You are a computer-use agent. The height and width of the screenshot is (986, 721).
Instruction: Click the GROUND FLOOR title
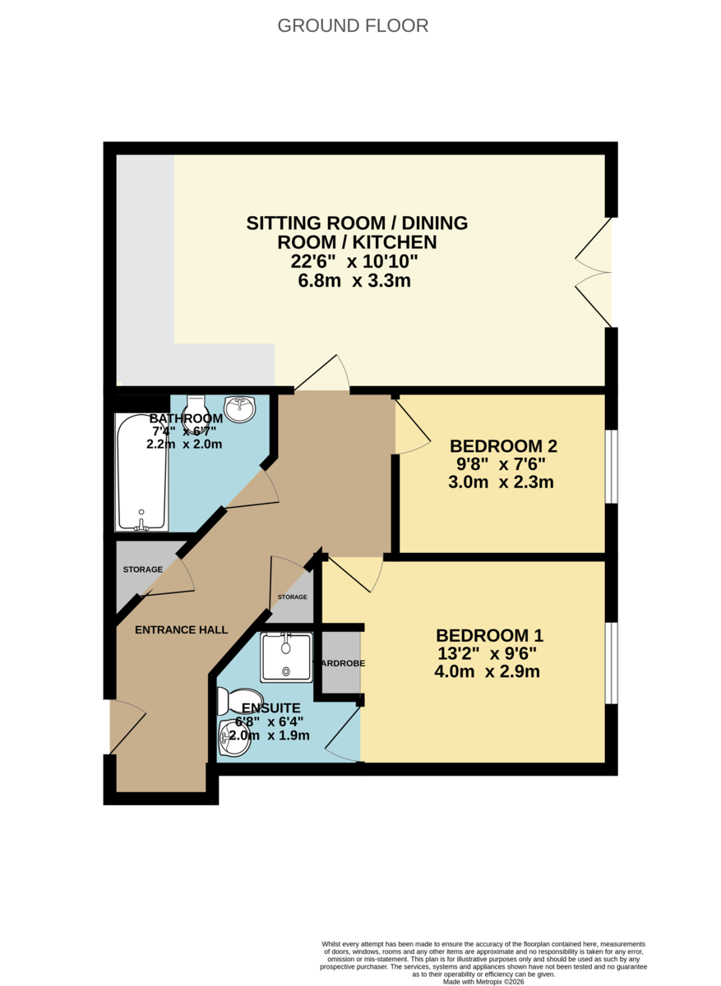[x=353, y=25]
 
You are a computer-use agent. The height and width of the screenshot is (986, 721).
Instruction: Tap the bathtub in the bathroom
[x=141, y=472]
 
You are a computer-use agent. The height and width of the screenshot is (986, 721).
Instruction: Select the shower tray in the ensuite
[x=286, y=657]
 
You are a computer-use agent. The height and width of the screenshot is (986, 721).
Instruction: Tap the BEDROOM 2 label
[x=503, y=446]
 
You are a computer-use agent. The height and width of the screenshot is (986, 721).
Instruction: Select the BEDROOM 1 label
[x=489, y=635]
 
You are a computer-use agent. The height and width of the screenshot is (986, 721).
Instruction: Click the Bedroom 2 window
[x=611, y=465]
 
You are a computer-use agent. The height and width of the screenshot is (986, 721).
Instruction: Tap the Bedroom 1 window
[x=611, y=663]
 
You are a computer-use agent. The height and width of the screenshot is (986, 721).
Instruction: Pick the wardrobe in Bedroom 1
[x=340, y=661]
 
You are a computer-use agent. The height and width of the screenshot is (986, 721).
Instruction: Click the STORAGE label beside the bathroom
[x=142, y=569]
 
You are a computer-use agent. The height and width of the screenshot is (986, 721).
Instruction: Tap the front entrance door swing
[x=127, y=726]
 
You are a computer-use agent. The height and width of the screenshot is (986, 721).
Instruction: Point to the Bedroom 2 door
[x=411, y=426]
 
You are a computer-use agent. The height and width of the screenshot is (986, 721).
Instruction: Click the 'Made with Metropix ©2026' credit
[x=483, y=981]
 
